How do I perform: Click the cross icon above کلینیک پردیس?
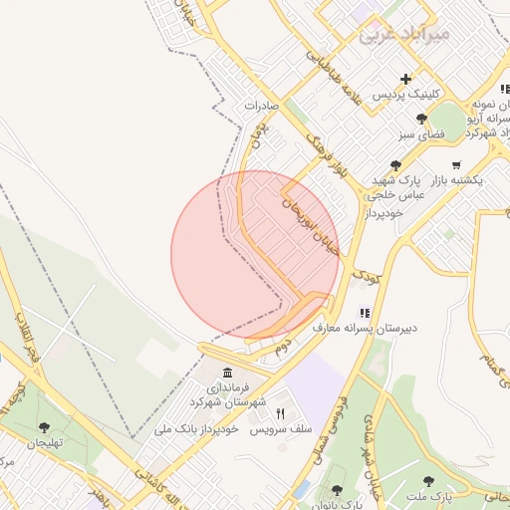405,79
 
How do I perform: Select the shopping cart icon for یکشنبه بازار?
456,164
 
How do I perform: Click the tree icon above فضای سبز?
421,119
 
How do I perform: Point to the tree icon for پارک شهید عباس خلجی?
396,165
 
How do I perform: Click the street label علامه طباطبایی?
336,80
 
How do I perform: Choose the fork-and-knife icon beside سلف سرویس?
280,414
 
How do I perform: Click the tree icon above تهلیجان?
44,427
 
